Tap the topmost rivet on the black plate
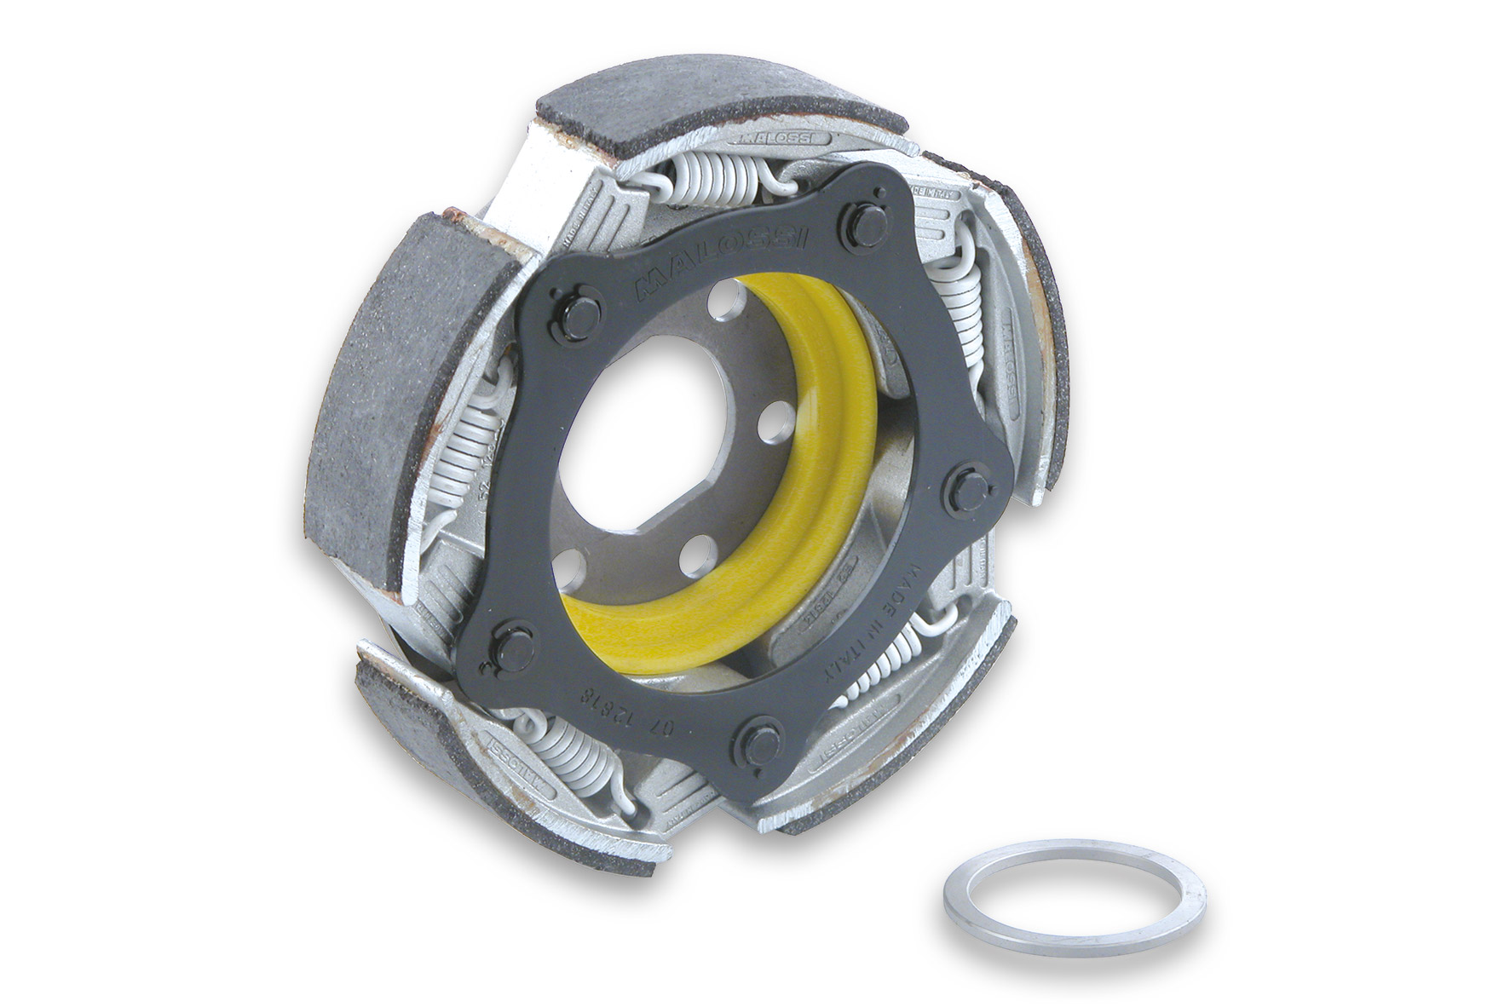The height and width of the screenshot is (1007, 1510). click(865, 224)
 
